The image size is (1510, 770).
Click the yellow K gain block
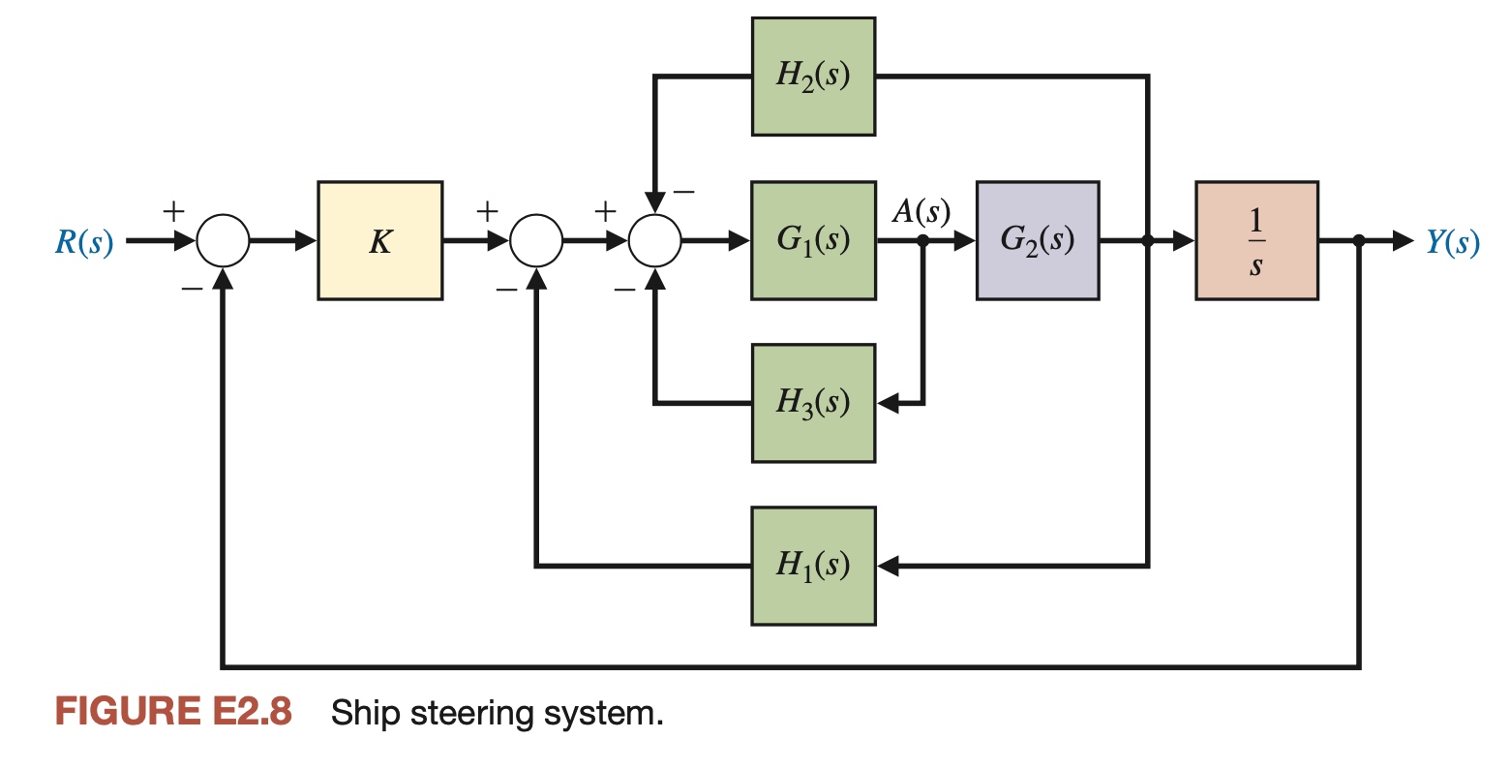coord(379,240)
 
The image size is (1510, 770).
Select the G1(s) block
coord(813,240)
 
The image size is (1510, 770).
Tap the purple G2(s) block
coord(1037,240)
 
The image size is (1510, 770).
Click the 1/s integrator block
coord(1255,240)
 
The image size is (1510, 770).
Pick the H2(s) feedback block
coord(813,77)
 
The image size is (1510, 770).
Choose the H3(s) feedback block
coord(813,403)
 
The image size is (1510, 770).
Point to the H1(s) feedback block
coord(813,566)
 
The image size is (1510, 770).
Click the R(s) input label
coord(84,242)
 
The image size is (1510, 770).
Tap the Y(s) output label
coord(1452,242)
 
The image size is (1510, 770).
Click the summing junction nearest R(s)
coord(224,241)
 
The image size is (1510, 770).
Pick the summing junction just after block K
coord(535,241)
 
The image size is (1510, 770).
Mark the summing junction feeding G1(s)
coord(655,241)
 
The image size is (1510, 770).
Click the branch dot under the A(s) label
coord(923,241)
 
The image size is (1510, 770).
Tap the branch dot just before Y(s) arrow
coord(1359,241)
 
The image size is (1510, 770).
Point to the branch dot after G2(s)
coord(1148,241)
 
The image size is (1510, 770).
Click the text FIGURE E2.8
coord(173,712)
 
